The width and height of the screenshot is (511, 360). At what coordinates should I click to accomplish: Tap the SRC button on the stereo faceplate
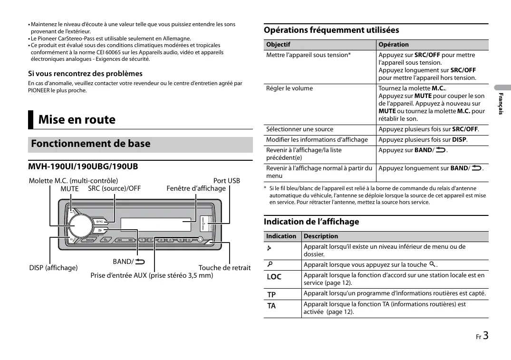click(100, 221)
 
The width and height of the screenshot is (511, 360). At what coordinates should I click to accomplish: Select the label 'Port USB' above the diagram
click(226, 181)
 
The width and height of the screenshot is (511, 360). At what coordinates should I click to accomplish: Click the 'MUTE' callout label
click(69, 189)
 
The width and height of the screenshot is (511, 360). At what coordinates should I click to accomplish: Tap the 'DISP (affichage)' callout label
click(53, 268)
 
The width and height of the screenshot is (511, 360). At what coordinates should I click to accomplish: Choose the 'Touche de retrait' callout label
click(224, 268)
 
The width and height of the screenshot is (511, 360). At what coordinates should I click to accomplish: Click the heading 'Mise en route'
click(77, 120)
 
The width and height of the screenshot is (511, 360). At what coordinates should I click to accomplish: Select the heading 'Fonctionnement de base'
click(91, 144)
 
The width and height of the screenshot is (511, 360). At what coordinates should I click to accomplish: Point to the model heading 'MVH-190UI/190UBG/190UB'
click(83, 166)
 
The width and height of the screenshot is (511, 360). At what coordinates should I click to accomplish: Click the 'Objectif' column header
click(278, 45)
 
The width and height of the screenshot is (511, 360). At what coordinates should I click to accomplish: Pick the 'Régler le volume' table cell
click(289, 88)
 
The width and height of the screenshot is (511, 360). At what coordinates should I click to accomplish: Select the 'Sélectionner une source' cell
click(299, 129)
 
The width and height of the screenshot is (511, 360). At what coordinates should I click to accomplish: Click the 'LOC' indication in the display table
click(274, 277)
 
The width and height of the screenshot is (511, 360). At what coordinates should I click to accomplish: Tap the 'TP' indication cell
click(271, 294)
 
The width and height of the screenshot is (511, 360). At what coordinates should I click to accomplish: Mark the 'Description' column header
click(321, 236)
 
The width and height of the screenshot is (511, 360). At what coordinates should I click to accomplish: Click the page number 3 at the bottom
click(485, 336)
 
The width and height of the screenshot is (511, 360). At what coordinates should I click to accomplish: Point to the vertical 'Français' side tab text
click(500, 104)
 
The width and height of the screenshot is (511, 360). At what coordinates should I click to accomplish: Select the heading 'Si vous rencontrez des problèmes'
click(85, 74)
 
